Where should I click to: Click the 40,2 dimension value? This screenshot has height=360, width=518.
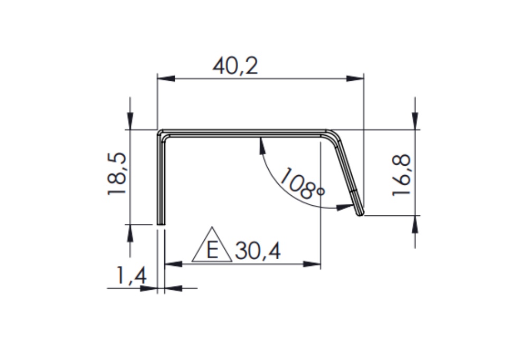tap(235, 66)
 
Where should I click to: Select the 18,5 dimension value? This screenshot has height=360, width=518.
tap(117, 174)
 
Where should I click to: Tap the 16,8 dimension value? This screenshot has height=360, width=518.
tap(401, 175)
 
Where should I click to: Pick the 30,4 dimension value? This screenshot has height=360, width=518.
tap(258, 251)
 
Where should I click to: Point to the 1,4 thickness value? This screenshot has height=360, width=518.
tap(131, 275)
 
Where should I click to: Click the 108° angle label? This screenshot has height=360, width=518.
tap(302, 184)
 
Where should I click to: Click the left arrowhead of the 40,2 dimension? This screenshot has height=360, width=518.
tap(166, 79)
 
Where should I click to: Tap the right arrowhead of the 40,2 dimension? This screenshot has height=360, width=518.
tap(355, 79)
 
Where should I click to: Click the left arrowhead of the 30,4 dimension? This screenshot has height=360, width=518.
tap(173, 264)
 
